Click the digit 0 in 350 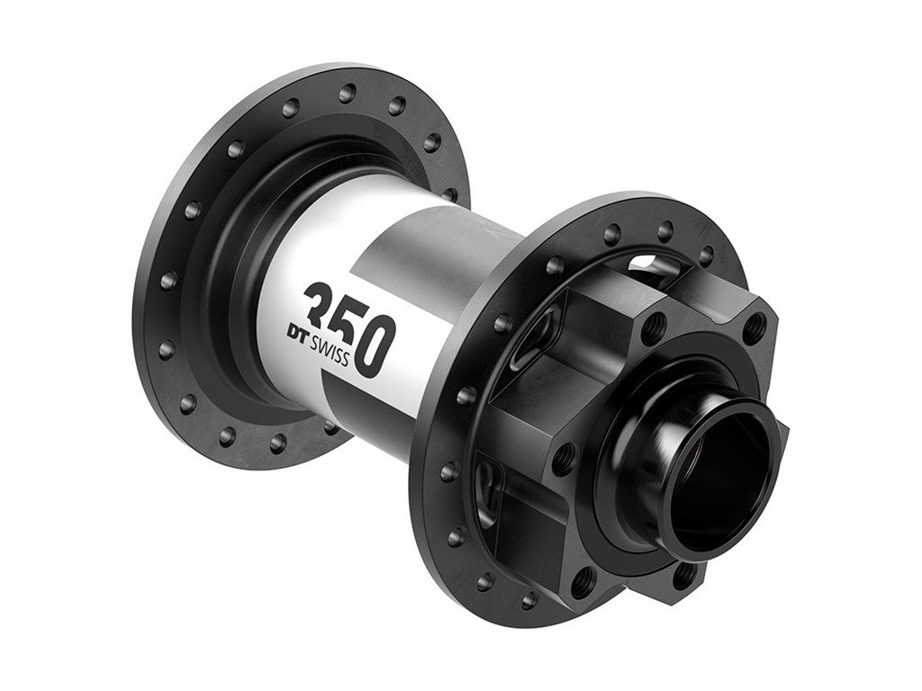[375, 345]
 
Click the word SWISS [330, 346]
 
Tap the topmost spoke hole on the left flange [347, 93]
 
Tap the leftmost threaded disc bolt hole [564, 458]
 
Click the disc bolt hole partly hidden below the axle [686, 572]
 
